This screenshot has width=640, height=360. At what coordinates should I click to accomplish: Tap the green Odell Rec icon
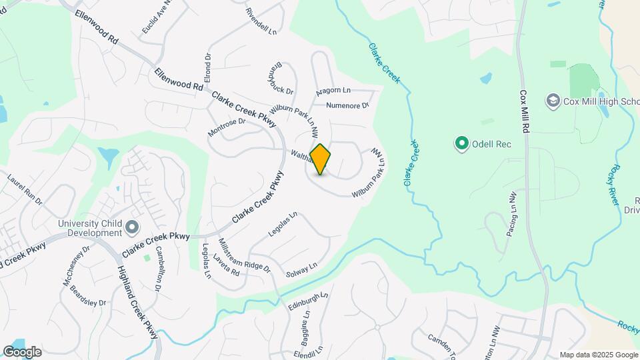pos(461,143)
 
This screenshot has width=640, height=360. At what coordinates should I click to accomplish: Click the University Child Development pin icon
pos(132,228)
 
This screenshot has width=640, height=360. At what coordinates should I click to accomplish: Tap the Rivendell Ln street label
pos(261,22)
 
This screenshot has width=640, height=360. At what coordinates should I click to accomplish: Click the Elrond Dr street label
pos(207,68)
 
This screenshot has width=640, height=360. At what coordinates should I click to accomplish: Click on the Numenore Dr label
pos(347,105)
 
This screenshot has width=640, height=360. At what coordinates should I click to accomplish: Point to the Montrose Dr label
pos(226,127)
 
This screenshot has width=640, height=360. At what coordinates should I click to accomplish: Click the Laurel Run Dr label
pos(25,189)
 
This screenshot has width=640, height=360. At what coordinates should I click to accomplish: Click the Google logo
pos(22,352)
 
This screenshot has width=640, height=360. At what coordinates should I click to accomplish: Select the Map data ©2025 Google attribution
pos(598,355)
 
